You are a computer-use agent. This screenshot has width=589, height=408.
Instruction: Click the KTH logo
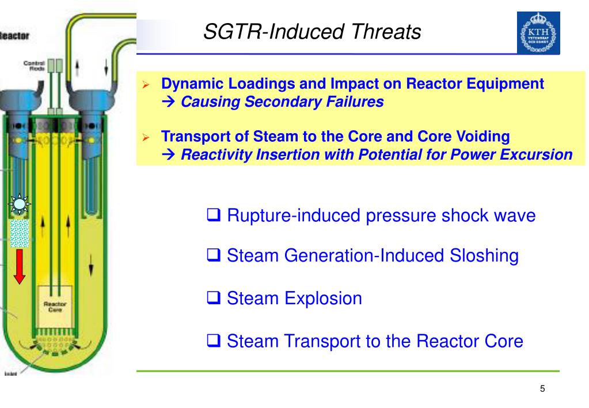click(538, 33)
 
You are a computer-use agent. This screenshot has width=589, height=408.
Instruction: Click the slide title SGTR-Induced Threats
click(311, 32)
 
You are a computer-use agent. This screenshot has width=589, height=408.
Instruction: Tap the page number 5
click(542, 389)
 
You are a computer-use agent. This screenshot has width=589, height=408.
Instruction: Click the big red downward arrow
click(20, 266)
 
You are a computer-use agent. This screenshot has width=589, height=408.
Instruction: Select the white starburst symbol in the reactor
click(20, 203)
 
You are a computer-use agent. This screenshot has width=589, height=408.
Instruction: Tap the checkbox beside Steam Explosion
click(214, 299)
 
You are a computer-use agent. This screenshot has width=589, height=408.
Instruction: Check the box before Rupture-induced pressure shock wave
click(214, 216)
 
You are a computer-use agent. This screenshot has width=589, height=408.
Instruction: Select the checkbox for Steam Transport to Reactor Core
click(214, 341)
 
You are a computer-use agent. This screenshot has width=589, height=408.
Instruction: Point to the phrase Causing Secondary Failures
click(282, 102)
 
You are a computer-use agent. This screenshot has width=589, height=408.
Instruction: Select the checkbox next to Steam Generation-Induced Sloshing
click(214, 256)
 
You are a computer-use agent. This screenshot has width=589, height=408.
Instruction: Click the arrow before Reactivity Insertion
click(170, 155)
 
